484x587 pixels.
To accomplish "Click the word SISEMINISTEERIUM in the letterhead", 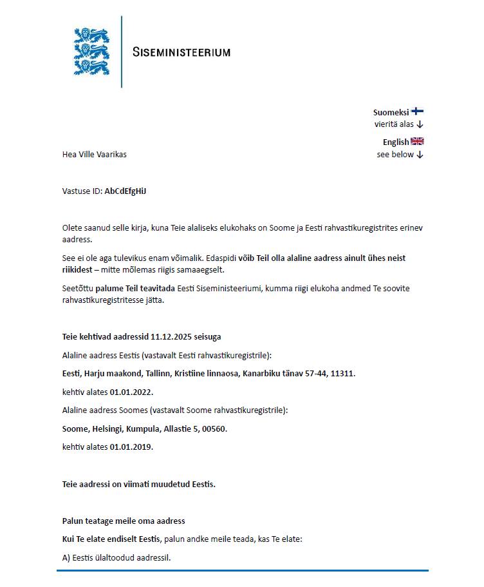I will click(181, 52).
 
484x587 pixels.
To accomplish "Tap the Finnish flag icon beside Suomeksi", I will click(417, 111).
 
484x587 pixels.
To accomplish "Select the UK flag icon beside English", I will click(417, 142).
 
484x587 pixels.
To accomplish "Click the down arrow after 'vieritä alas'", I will click(420, 124).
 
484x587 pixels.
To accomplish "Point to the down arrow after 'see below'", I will click(420, 155).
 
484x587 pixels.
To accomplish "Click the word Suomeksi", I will click(391, 112).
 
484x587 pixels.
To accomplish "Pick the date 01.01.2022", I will click(131, 392).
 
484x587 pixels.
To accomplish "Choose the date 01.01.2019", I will click(131, 447).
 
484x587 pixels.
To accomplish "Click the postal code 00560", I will click(214, 428).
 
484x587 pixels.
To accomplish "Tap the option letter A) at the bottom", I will click(66, 557).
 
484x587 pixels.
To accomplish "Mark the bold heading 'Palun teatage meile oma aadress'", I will click(124, 521).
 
